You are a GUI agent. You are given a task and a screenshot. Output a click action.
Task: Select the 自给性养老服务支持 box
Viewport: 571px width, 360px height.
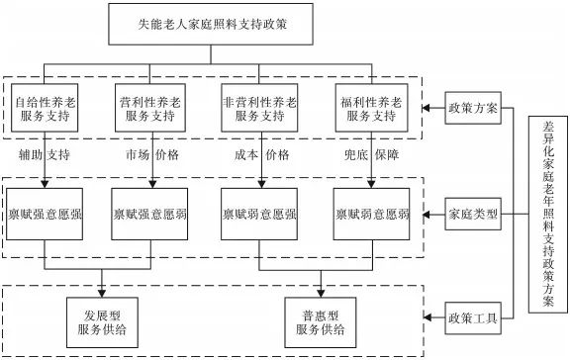46,109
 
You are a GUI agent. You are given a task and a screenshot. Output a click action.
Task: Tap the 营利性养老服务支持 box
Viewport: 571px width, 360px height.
153,109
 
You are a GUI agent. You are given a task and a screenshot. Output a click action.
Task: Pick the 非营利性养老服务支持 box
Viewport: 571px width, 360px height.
261,109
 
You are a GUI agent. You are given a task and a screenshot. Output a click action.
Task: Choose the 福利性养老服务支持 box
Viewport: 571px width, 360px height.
370,109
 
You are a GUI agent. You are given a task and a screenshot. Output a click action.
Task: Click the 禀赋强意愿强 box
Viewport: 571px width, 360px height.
46,213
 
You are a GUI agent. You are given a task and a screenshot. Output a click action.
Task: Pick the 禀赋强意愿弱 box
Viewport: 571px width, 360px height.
153,213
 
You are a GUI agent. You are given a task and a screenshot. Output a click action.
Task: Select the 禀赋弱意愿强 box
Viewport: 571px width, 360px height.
261,213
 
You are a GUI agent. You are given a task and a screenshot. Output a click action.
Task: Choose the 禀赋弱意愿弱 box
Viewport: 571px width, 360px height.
370,213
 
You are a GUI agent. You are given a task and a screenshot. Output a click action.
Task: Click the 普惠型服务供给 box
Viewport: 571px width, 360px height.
317,318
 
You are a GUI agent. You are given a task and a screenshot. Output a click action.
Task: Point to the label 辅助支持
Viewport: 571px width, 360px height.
46,155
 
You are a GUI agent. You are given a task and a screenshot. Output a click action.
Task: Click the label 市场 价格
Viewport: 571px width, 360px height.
153,155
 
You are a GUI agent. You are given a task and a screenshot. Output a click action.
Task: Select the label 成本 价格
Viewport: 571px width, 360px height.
261,155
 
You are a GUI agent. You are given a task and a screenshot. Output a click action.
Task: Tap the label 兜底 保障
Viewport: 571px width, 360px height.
370,155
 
